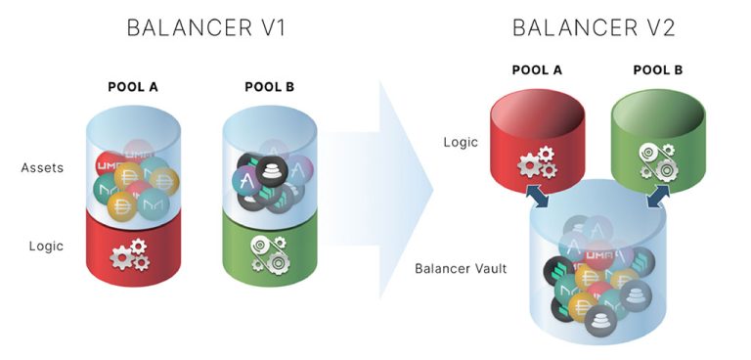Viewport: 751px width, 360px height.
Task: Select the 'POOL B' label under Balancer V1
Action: click(269, 88)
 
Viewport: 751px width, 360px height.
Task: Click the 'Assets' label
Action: click(42, 168)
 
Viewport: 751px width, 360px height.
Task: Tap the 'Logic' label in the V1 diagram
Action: click(46, 246)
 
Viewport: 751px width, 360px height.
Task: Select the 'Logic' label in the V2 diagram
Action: click(460, 142)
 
